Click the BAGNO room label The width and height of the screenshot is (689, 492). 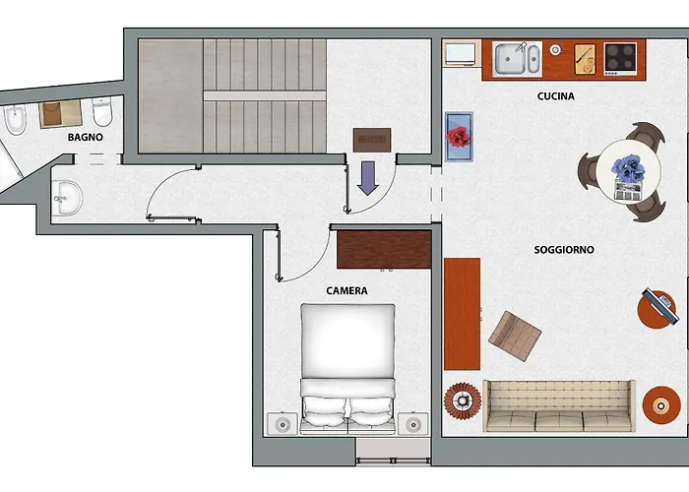[86, 137]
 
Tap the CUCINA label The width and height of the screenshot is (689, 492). [555, 96]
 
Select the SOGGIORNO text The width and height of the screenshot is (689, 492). [564, 250]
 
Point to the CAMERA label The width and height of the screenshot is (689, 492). [346, 291]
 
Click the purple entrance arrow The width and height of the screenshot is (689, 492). [368, 178]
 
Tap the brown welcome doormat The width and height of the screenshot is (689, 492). [372, 140]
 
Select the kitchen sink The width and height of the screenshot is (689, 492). [517, 59]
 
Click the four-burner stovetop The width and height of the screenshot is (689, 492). [620, 58]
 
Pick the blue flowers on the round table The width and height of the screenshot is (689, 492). [628, 168]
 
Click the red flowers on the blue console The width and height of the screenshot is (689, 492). [459, 136]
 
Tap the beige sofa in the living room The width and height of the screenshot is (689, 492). [559, 405]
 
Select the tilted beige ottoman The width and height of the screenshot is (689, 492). [515, 337]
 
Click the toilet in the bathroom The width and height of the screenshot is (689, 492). [102, 111]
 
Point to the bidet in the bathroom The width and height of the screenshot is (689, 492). [16, 119]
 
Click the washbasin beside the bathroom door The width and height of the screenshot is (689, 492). [66, 198]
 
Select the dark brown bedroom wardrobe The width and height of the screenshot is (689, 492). [384, 249]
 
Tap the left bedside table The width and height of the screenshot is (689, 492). [282, 424]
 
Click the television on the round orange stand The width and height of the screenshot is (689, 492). [658, 306]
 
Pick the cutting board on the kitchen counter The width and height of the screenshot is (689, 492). [585, 59]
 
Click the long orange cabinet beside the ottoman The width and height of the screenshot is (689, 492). [462, 314]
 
